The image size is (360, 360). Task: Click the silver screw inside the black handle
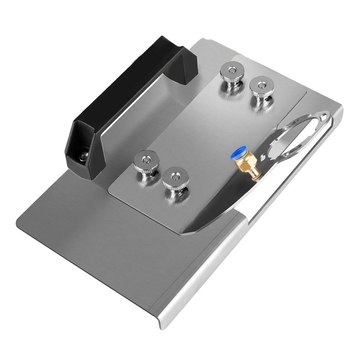tap(84, 155)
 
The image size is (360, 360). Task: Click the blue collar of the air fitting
tap(238, 153)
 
